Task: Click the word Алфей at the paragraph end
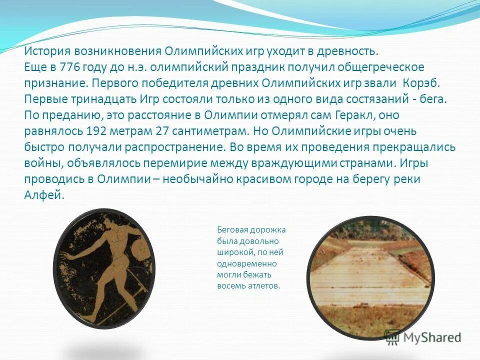point(44,195)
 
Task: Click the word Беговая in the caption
point(232,230)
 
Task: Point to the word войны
point(40,163)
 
